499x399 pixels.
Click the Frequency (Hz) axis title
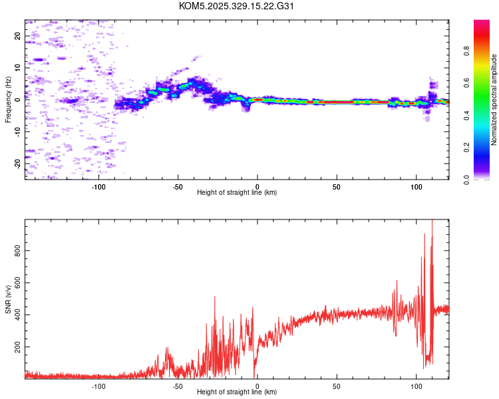click(x=8, y=100)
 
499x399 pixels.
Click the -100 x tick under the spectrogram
click(x=98, y=186)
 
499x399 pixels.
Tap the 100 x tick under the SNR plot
click(x=416, y=386)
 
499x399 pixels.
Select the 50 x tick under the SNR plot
click(x=337, y=386)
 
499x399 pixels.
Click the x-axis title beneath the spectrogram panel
click(x=237, y=193)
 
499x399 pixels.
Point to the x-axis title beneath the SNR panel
click(x=237, y=392)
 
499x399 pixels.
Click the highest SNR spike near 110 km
click(x=432, y=223)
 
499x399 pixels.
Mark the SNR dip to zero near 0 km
click(x=255, y=376)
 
